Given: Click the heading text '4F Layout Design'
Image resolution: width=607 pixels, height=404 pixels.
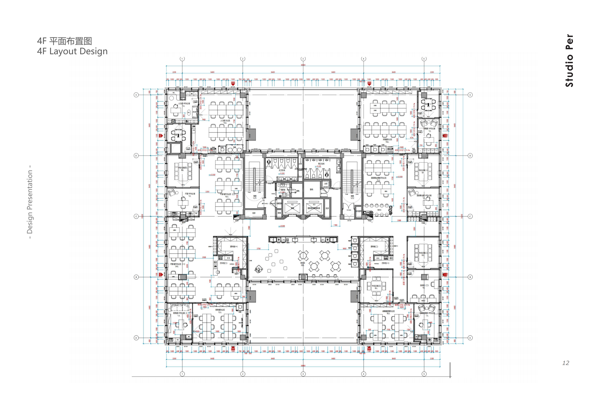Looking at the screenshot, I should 72,51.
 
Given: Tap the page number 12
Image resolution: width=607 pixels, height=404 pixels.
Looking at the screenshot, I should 565,363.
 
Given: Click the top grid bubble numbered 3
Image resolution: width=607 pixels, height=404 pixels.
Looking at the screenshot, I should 303,59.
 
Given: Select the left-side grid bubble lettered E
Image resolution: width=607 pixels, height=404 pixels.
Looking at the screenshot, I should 136,95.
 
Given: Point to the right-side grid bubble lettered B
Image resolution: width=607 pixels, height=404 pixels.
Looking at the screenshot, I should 470,277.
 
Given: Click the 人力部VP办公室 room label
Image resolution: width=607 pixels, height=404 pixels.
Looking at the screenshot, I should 184,103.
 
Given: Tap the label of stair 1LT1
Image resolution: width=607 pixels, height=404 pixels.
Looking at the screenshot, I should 254,197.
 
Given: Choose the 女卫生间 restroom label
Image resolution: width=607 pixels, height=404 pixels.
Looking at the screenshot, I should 282,170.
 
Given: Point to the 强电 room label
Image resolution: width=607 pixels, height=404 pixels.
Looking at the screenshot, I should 312,189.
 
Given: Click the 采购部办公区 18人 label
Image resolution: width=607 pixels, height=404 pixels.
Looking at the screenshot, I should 387,140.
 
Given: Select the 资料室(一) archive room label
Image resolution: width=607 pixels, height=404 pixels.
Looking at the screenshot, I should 234,246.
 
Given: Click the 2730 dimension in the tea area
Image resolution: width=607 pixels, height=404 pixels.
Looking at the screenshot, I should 258,249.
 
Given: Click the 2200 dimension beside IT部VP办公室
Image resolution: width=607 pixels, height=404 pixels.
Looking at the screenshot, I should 207,192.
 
